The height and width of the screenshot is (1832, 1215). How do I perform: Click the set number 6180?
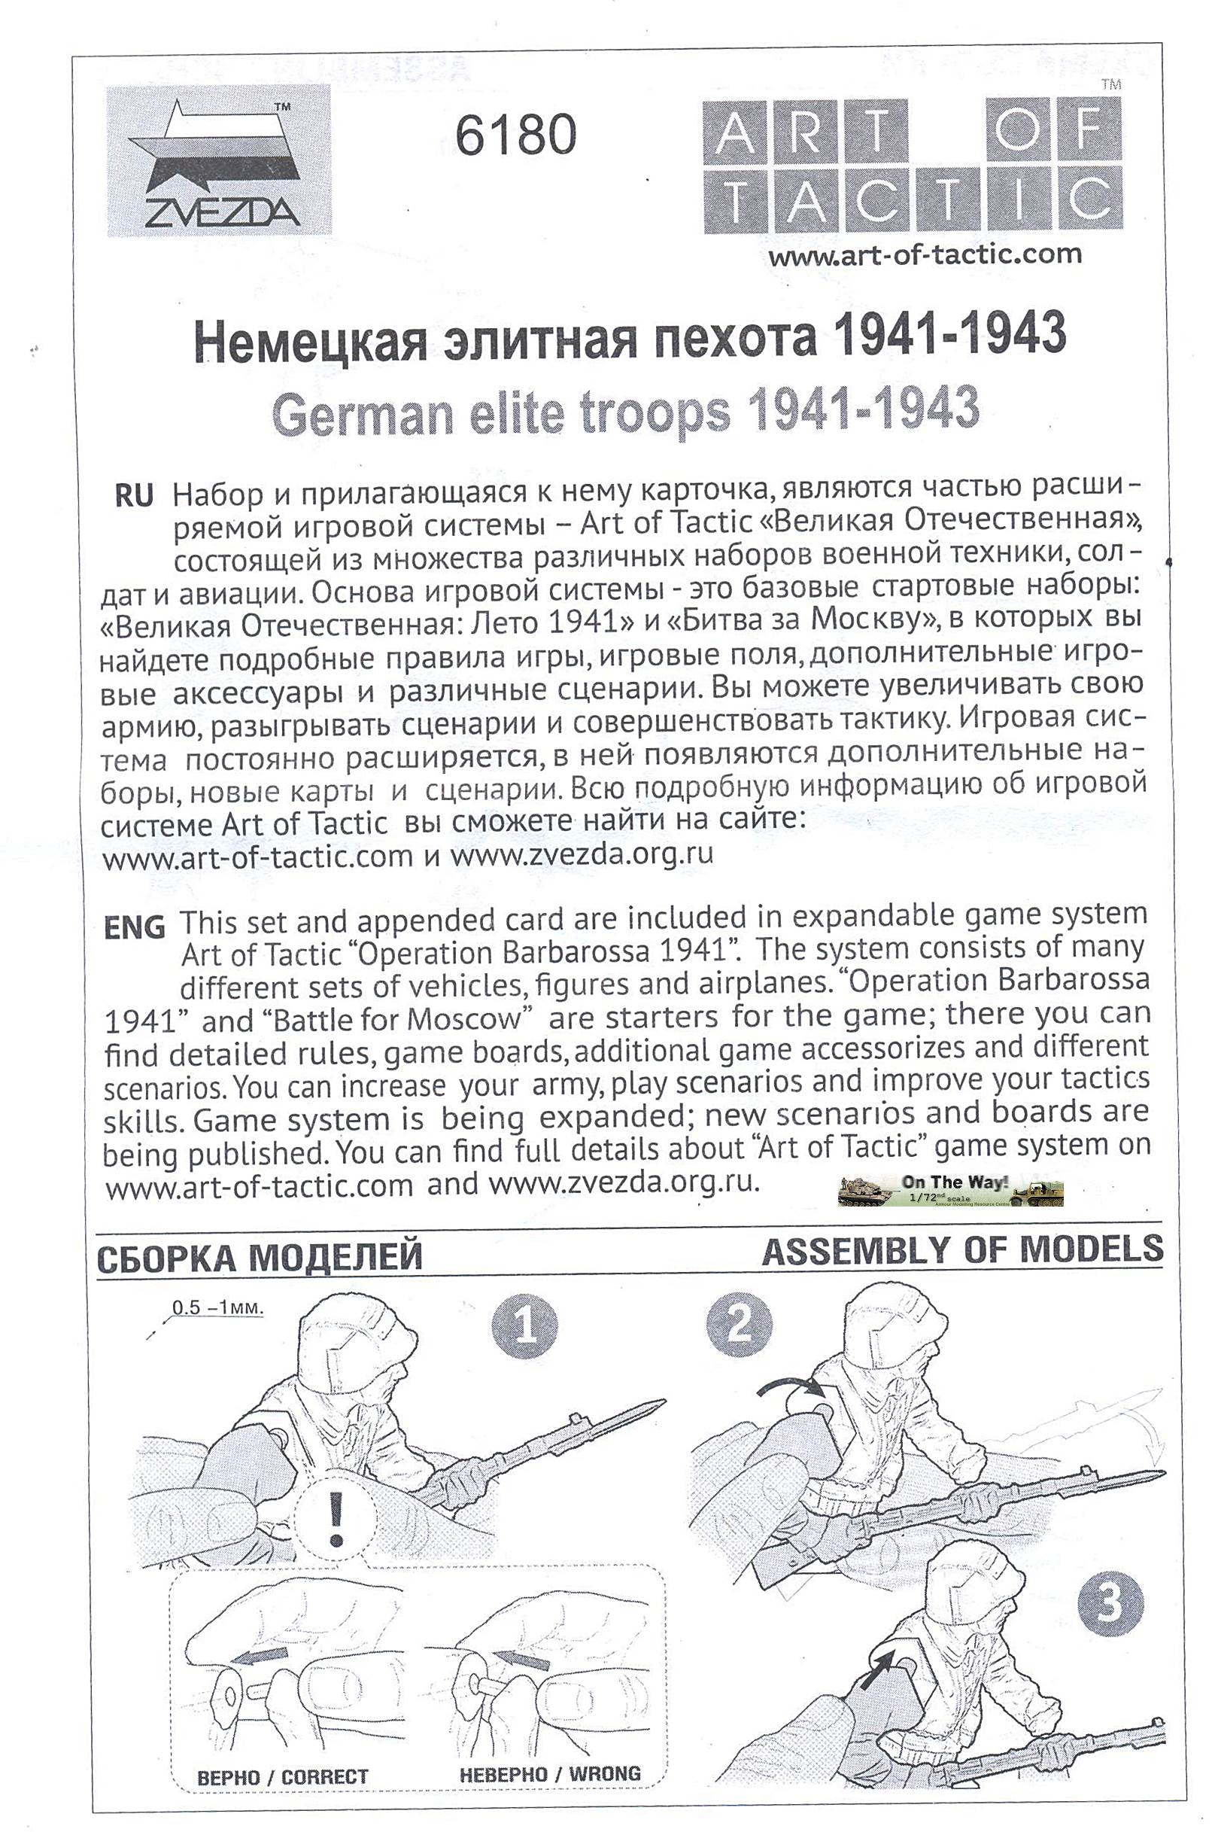[515, 134]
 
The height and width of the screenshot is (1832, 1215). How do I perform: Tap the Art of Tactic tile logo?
[912, 164]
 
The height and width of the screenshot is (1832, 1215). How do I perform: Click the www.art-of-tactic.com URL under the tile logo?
[925, 254]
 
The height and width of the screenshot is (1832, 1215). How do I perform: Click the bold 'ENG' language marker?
[134, 927]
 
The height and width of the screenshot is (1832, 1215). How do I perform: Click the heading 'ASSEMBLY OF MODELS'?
[962, 1249]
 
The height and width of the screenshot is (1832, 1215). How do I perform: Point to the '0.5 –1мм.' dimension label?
[217, 1308]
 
